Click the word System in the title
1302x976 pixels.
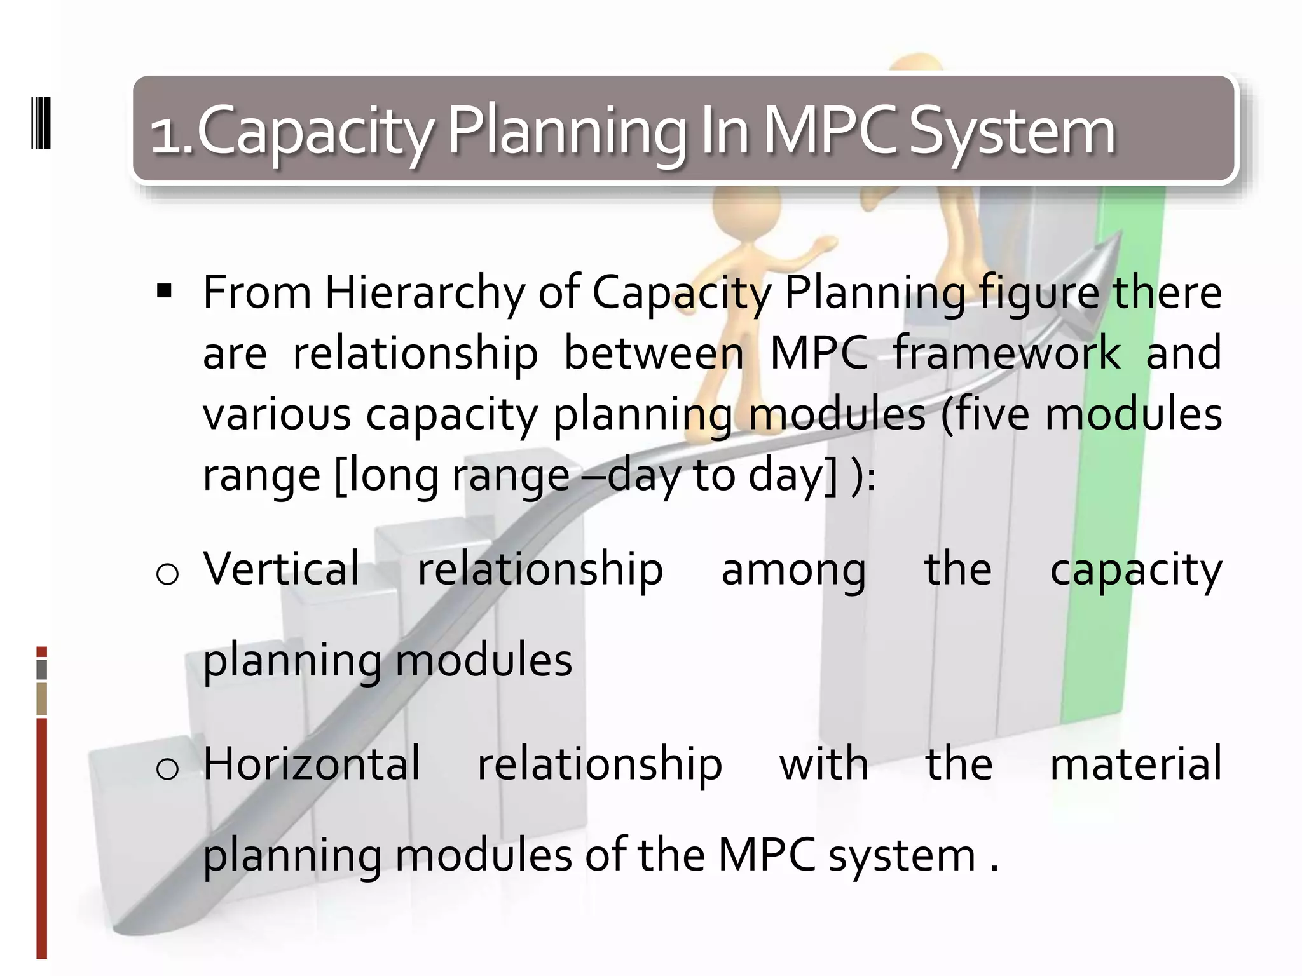(x=1012, y=132)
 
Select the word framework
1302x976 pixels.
(x=1006, y=353)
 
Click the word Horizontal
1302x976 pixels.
(x=312, y=764)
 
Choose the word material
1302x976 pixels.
(x=1135, y=764)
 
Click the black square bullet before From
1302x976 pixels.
(x=165, y=292)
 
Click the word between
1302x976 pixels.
(x=654, y=353)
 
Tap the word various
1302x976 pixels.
(x=277, y=414)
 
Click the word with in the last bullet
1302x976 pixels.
(x=824, y=764)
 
